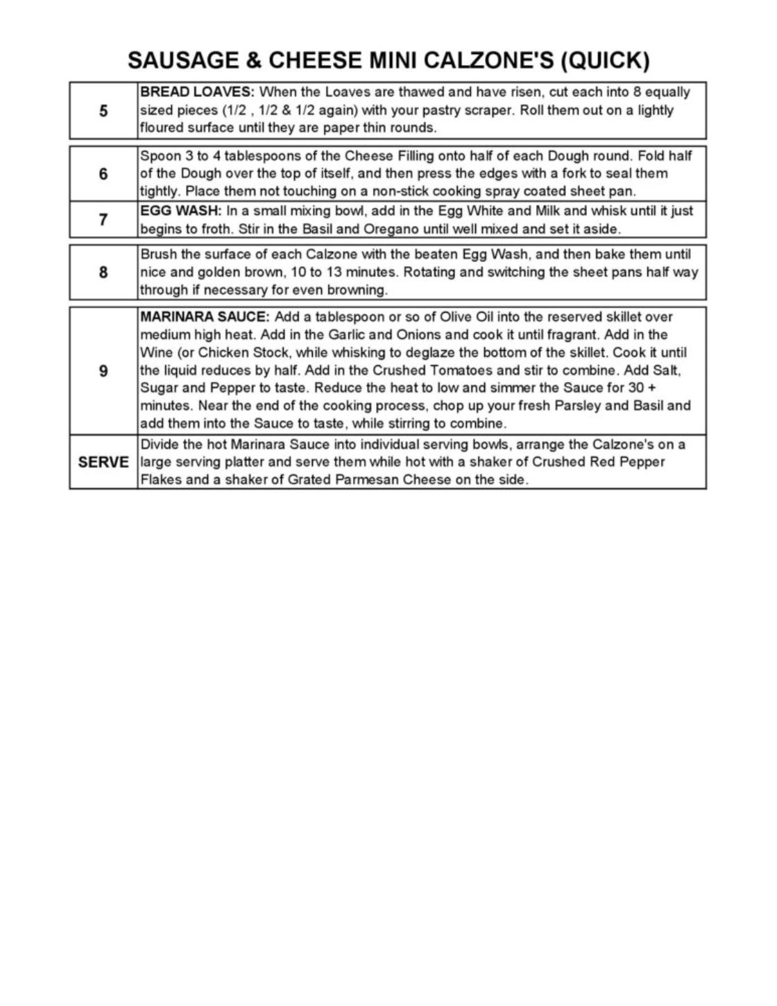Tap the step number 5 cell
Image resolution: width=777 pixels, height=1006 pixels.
coord(103,110)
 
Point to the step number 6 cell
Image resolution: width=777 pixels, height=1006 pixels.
coord(103,173)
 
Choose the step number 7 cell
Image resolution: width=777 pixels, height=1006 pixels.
coord(103,220)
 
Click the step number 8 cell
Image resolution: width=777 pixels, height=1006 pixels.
coord(103,272)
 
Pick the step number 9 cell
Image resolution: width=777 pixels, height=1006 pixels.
coord(103,371)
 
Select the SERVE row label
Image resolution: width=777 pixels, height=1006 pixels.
coord(103,462)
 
